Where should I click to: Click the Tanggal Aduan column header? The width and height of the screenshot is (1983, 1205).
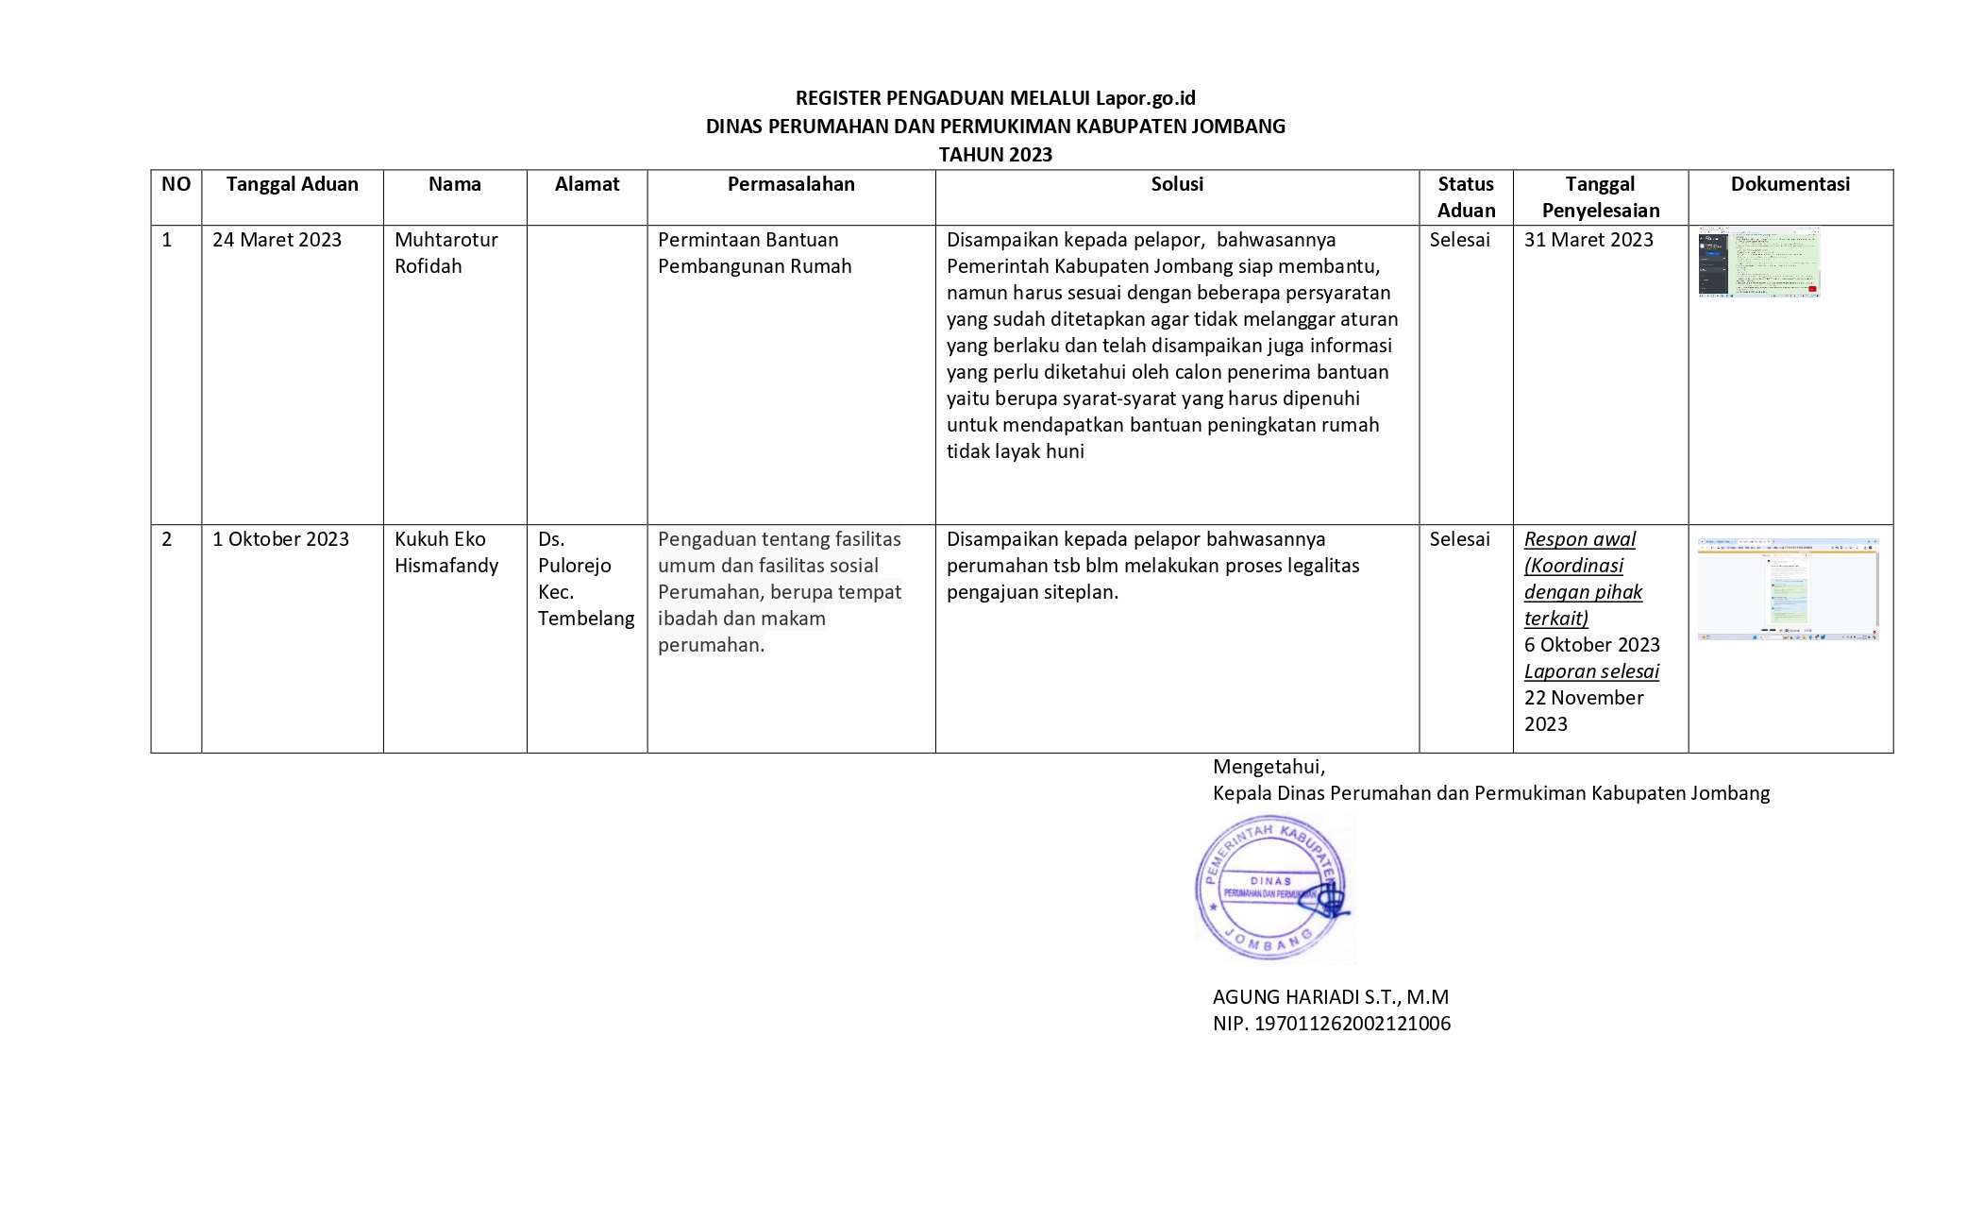tap(292, 184)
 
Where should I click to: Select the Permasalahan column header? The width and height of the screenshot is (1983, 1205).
tap(791, 184)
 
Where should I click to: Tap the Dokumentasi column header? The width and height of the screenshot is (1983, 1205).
tap(1790, 184)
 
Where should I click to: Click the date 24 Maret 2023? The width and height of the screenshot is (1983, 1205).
tap(277, 240)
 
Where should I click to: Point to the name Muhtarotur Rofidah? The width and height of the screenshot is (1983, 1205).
tap(445, 253)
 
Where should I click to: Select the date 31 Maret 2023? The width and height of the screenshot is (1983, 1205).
tap(1588, 240)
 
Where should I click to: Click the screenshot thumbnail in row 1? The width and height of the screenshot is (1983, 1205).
tap(1758, 263)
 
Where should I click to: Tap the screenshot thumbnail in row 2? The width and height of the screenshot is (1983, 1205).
tap(1788, 589)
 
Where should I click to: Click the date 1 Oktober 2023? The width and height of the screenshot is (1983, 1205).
tap(280, 539)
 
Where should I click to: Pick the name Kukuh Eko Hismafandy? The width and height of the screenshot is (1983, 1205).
tap(445, 552)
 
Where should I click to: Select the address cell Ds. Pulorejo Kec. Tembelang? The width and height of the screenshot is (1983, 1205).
tap(585, 579)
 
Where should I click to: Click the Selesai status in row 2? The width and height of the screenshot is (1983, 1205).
tap(1459, 539)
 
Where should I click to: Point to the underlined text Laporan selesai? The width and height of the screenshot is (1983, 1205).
tap(1591, 671)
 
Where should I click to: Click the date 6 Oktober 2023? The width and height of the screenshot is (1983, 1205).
tap(1591, 645)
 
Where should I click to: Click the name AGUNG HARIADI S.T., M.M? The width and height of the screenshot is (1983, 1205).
tap(1330, 997)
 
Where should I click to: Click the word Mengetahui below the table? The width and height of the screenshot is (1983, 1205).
tap(1269, 767)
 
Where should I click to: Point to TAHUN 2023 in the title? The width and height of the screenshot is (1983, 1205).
tap(995, 155)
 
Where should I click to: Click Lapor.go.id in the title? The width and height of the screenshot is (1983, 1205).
tap(1145, 98)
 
